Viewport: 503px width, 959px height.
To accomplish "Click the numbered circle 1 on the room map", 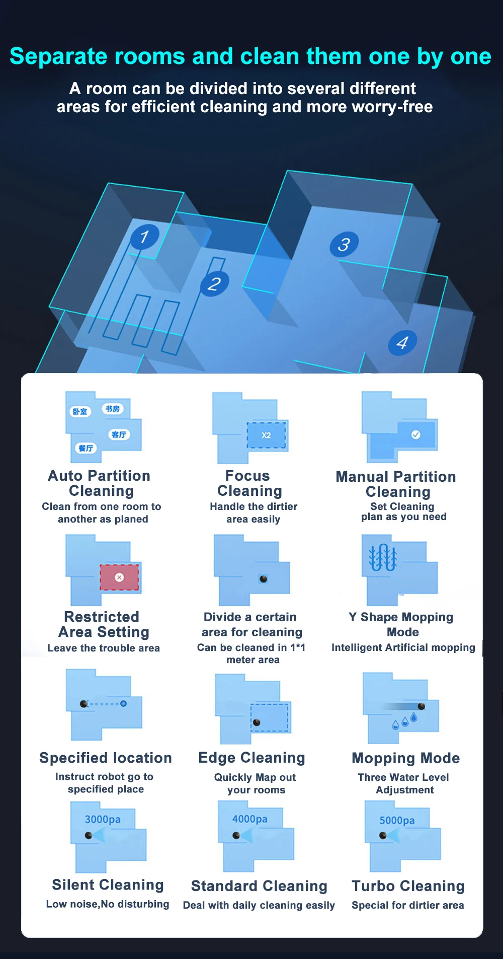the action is [x=145, y=237].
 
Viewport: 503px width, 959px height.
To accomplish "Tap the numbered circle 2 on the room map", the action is [x=215, y=283].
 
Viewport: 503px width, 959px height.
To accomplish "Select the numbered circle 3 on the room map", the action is [x=344, y=244].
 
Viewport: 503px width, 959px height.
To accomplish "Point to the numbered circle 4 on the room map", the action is [x=402, y=343].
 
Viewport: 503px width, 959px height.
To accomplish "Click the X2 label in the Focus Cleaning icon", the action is [x=266, y=435].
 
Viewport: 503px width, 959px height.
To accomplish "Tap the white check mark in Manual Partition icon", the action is [x=416, y=434].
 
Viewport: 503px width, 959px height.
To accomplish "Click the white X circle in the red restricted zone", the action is [x=119, y=577].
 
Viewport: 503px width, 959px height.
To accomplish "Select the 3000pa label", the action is [x=103, y=820].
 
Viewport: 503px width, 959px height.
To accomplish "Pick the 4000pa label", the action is [x=250, y=819].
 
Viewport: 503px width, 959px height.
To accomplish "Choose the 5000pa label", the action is [x=397, y=821].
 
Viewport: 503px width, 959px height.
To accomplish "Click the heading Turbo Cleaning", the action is [x=408, y=886].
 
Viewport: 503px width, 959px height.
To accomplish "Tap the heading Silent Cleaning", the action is [x=108, y=884].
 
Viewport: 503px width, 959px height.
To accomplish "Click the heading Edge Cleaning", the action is [x=252, y=758].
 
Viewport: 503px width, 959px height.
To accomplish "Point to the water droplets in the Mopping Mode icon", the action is [x=405, y=721].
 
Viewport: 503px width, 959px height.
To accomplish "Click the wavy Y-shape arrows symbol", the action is [x=383, y=557].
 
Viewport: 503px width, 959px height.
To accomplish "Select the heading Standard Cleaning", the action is [x=259, y=886].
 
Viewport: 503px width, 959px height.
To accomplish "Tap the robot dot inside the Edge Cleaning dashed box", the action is [x=257, y=722].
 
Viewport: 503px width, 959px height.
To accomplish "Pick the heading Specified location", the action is [x=106, y=758].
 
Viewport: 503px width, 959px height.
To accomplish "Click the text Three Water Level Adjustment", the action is [x=404, y=783].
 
